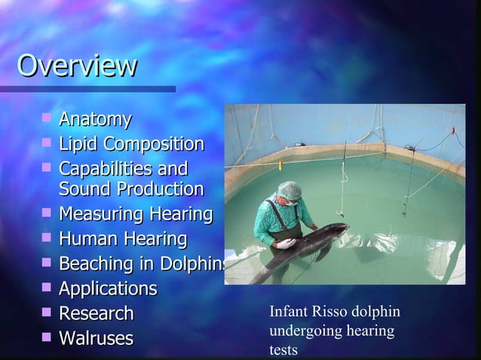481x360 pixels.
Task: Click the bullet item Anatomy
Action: coord(95,119)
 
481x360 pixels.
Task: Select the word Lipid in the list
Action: coord(79,144)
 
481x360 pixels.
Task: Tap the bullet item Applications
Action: coord(108,289)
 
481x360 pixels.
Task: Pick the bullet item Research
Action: coord(96,313)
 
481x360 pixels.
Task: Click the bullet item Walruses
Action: coord(96,338)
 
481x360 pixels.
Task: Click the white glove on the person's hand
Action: coord(286,243)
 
